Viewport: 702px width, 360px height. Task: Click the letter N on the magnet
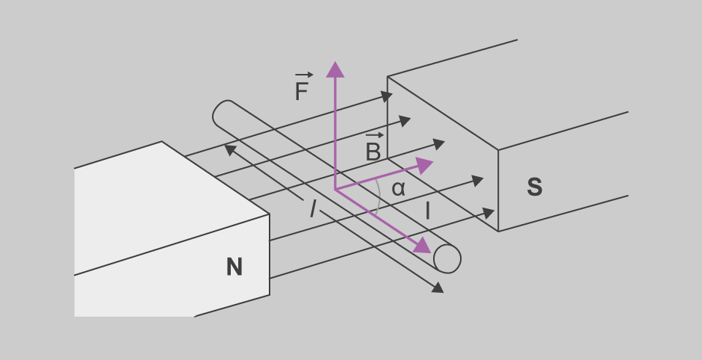tap(234, 267)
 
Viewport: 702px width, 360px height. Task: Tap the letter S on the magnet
tap(535, 187)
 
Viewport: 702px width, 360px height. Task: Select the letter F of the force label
tap(302, 93)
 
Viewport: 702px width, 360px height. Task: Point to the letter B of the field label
tap(373, 152)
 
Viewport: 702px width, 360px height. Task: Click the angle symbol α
tap(398, 189)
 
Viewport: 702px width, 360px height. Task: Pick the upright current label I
tap(427, 211)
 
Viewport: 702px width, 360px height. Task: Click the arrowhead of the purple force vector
tap(335, 69)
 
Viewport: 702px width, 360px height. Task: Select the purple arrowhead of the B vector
tap(426, 164)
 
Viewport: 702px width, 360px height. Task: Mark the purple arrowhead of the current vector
tap(423, 245)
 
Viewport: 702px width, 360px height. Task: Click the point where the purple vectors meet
tap(335, 190)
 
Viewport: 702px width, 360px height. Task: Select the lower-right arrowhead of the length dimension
tap(436, 287)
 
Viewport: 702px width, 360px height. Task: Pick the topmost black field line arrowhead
tap(386, 96)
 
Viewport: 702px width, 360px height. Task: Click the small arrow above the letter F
tap(303, 75)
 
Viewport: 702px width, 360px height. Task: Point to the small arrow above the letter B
tap(375, 135)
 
